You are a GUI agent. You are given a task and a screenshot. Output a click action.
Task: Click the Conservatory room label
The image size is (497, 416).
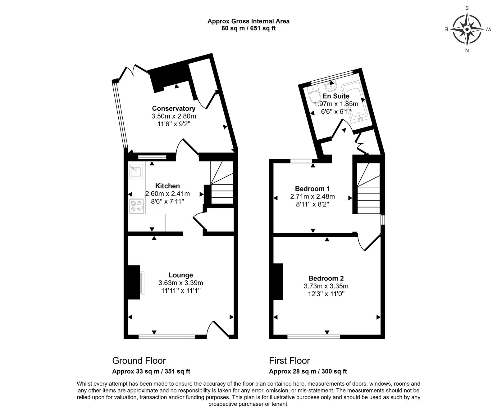(174, 108)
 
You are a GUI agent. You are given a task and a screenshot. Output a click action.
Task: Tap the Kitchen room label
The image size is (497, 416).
(167, 186)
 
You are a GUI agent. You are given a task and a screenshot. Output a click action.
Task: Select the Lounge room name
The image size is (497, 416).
(181, 275)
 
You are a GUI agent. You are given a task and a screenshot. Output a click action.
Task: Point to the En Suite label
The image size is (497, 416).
(336, 96)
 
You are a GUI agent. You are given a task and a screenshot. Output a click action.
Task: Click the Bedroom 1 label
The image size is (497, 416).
(312, 189)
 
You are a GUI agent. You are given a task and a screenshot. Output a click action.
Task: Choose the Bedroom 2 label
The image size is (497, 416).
(326, 278)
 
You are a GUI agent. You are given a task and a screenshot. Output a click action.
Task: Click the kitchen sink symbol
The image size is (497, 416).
(136, 172)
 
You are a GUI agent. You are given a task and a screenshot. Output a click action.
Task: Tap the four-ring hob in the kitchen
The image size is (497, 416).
(137, 206)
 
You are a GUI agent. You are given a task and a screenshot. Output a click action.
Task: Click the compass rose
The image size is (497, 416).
(467, 29)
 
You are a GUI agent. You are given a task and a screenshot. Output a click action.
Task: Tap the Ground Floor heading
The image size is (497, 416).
(139, 361)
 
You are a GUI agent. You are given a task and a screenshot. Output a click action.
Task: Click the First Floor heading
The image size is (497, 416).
(290, 361)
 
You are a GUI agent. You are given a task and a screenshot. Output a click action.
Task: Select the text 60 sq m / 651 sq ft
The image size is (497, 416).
(248, 28)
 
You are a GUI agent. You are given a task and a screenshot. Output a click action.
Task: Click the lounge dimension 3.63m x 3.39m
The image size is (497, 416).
(181, 283)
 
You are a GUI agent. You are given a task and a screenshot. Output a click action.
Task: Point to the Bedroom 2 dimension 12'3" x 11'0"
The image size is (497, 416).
(326, 293)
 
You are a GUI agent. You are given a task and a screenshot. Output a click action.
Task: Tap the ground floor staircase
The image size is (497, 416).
(222, 183)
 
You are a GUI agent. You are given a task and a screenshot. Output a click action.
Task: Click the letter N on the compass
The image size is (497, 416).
(467, 51)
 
